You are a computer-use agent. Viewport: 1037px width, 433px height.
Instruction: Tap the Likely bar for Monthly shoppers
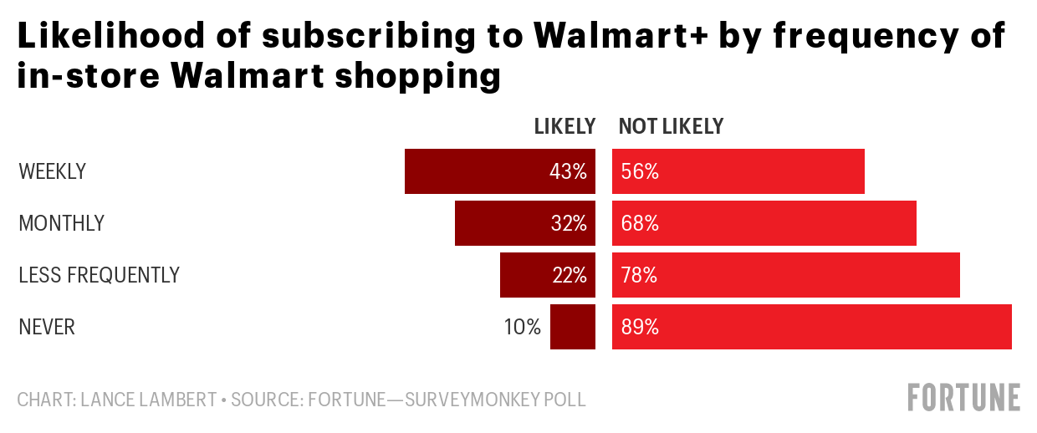tap(502, 223)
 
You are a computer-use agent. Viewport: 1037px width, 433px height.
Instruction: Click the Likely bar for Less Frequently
tap(527, 275)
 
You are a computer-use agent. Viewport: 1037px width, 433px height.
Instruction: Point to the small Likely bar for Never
tap(573, 327)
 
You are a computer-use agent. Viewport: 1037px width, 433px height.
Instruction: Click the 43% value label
tap(569, 172)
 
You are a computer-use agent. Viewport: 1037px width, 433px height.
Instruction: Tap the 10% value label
tap(523, 328)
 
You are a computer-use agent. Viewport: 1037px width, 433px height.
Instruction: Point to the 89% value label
tap(641, 328)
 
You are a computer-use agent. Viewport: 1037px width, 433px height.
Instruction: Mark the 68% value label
tap(641, 224)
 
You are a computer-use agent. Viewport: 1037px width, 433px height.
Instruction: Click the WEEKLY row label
tap(52, 172)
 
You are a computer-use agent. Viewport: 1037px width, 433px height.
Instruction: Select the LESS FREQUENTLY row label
tap(99, 275)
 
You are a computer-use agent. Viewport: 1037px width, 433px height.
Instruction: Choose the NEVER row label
tap(47, 328)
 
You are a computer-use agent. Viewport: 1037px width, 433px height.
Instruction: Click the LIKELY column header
tap(565, 126)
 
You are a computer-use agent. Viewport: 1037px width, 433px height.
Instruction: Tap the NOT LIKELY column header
tap(671, 126)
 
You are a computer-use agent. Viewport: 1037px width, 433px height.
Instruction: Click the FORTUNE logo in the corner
tap(964, 397)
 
